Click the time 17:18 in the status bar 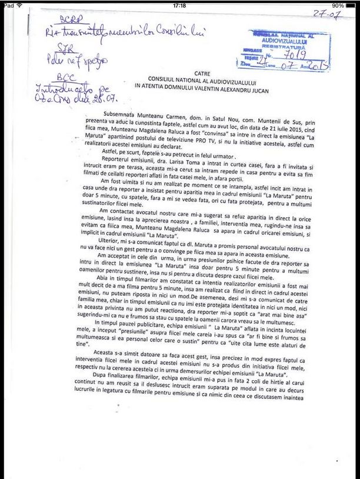(x=180, y=5)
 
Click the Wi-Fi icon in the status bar (x=19, y=5)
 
